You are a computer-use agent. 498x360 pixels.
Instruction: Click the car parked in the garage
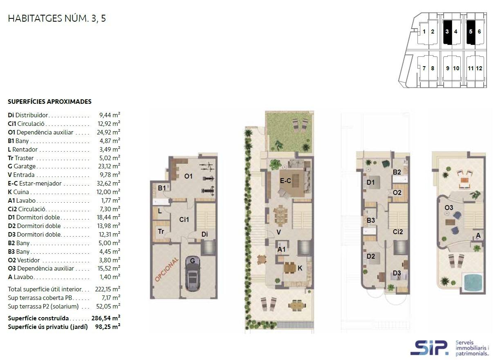click(x=192, y=273)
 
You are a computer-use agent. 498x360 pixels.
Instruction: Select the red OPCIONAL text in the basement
click(x=166, y=269)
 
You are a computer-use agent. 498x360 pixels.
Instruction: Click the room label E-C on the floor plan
click(x=285, y=181)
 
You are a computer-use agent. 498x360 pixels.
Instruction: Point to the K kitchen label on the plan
click(x=300, y=268)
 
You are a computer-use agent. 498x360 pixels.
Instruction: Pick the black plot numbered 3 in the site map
click(x=447, y=31)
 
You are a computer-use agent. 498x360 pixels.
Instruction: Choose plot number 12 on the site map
click(x=479, y=68)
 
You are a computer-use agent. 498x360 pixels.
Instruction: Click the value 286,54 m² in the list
click(x=106, y=318)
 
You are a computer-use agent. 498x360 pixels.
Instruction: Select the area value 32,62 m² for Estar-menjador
click(x=108, y=183)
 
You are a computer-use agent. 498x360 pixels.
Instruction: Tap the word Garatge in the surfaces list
click(x=25, y=166)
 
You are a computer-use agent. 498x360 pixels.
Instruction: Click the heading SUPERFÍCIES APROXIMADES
click(x=49, y=102)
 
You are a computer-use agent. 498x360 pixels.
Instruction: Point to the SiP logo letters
click(x=429, y=348)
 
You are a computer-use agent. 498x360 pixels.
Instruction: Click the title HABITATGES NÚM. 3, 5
click(x=57, y=18)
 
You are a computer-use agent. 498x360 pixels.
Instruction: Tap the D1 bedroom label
click(x=370, y=182)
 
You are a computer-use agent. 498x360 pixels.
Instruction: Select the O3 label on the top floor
click(x=449, y=208)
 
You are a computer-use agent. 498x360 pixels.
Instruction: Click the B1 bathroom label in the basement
click(x=162, y=188)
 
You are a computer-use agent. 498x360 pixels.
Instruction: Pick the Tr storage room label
click(x=161, y=232)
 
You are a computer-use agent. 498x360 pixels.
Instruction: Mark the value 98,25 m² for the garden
click(x=108, y=326)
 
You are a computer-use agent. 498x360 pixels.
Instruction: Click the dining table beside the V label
click(x=280, y=215)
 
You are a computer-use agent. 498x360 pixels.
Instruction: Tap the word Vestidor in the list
click(x=29, y=260)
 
